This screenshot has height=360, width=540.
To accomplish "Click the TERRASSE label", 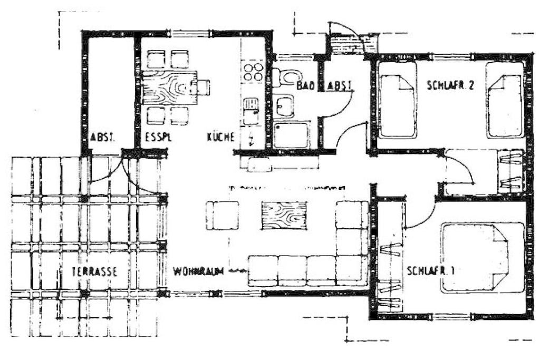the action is pyautogui.click(x=94, y=271).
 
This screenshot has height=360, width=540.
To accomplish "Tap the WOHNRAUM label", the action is pyautogui.click(x=198, y=271).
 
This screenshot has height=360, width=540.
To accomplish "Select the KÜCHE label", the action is pyautogui.click(x=221, y=137).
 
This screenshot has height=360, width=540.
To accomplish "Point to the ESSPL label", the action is pyautogui.click(x=158, y=138).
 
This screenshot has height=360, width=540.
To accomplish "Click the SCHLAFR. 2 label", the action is pyautogui.click(x=450, y=85).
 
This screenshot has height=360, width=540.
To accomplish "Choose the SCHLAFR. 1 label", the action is pyautogui.click(x=430, y=270).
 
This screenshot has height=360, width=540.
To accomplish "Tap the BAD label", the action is pyautogui.click(x=306, y=86).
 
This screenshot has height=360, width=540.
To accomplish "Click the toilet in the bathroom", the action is pyautogui.click(x=286, y=77).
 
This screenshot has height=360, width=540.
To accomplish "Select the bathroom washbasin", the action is pyautogui.click(x=284, y=106).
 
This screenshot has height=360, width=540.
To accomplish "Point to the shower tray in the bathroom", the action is pyautogui.click(x=291, y=135).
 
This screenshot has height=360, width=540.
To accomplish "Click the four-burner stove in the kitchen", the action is pyautogui.click(x=253, y=72).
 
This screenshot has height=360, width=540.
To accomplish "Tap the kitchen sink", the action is pyautogui.click(x=251, y=111).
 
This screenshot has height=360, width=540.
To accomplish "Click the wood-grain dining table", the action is pyautogui.click(x=169, y=87).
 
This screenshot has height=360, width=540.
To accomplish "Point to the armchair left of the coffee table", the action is pyautogui.click(x=222, y=216).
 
